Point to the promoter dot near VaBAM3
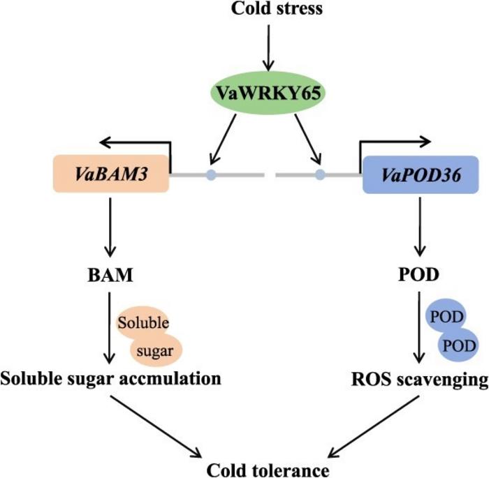point(210,176)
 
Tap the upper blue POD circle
point(446,318)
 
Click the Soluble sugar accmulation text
point(111,379)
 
